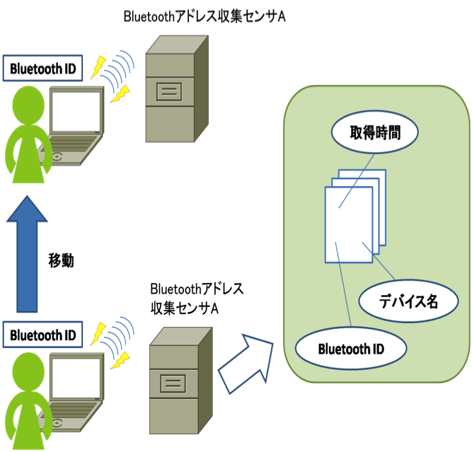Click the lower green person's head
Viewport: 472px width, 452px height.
(x=28, y=366)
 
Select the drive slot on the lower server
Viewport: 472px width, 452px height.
(x=174, y=385)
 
